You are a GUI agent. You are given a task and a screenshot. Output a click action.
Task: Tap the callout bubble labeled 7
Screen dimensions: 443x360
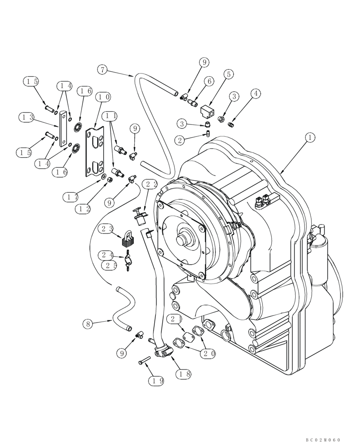[x=102, y=70]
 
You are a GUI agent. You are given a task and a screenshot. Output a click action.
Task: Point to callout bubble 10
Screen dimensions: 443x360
[x=104, y=97]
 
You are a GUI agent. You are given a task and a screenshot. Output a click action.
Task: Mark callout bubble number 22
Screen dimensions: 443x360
[x=149, y=184]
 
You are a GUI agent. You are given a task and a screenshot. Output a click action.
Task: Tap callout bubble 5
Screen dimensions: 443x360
[x=228, y=74]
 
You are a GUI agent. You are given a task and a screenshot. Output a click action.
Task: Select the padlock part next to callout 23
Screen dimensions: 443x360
[x=128, y=239]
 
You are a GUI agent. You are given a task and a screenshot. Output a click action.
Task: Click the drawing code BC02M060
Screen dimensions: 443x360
[x=323, y=439]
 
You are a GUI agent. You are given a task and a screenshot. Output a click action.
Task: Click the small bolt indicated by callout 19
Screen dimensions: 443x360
[x=144, y=361]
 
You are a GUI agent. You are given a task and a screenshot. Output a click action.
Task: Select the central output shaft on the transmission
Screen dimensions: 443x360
[x=181, y=240]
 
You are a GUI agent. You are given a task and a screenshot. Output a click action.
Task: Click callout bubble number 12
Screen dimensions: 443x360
[x=82, y=208]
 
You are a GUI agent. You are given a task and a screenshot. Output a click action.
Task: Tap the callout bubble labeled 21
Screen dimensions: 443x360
[x=174, y=319]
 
